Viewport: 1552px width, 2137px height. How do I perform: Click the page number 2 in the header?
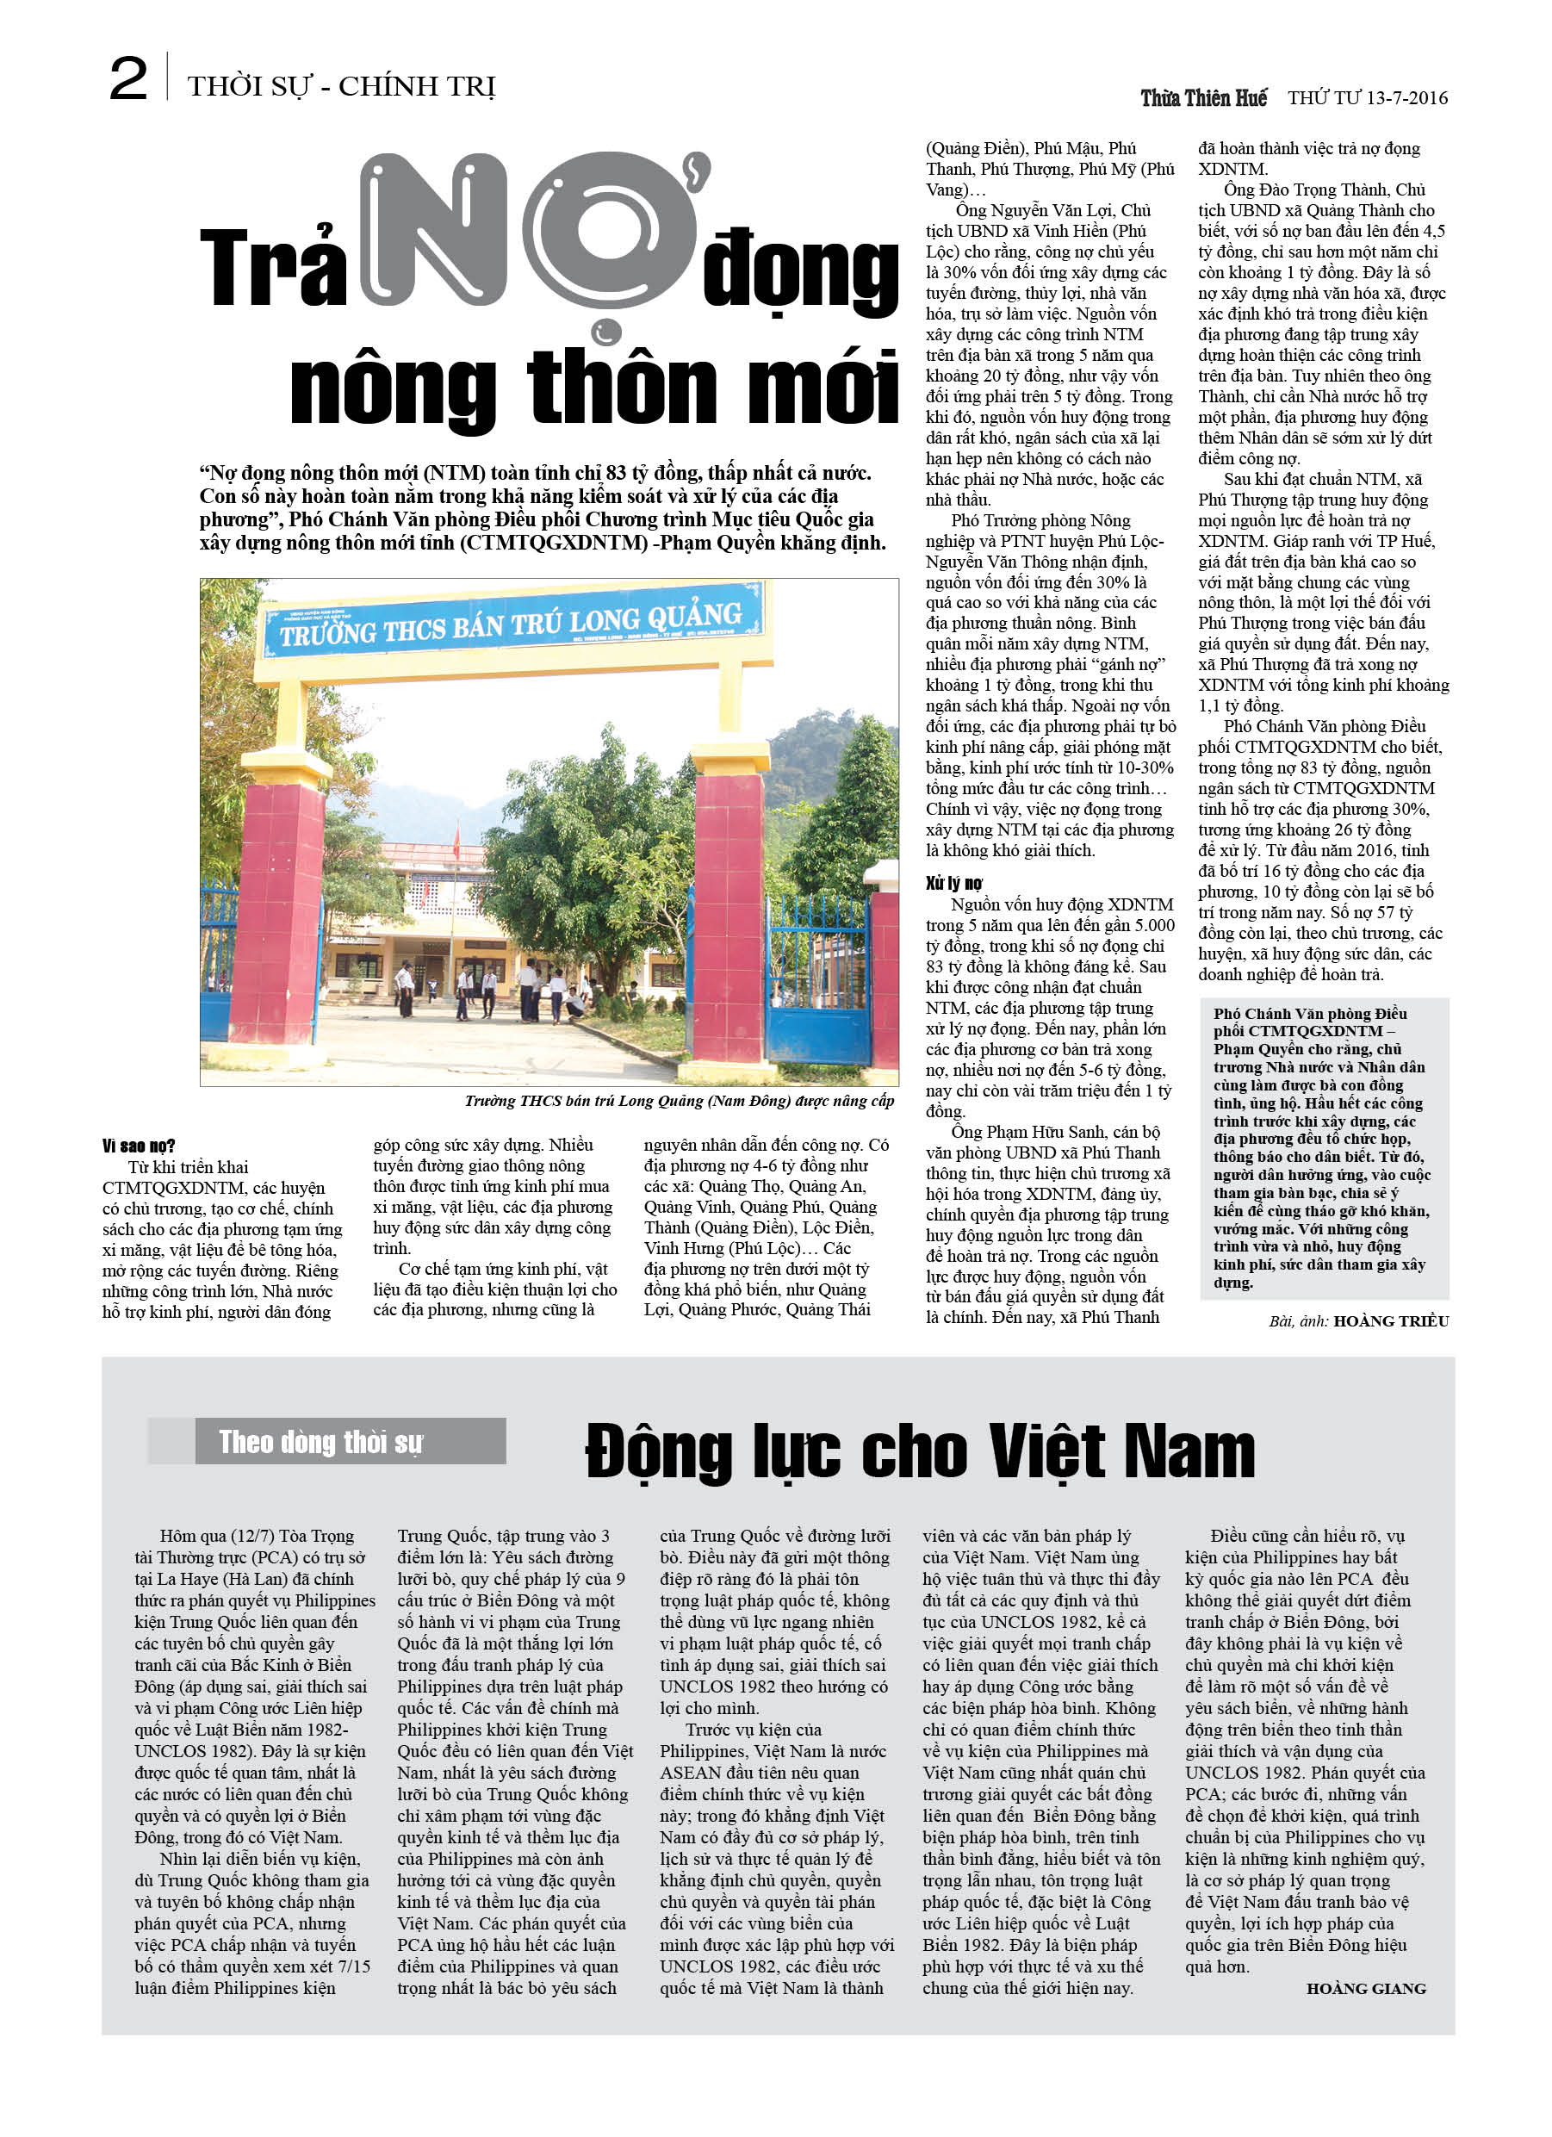(x=128, y=79)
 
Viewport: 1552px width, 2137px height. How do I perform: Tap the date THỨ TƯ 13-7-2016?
(x=1368, y=98)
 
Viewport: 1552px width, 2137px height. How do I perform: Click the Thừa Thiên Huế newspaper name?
(x=1203, y=98)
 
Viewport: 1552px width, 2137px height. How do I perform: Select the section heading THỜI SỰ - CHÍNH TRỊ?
(x=341, y=87)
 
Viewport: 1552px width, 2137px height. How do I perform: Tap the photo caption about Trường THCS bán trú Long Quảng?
(x=679, y=1101)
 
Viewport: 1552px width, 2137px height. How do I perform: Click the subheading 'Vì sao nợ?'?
(x=139, y=1146)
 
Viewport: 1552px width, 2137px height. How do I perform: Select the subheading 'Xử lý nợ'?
(x=953, y=883)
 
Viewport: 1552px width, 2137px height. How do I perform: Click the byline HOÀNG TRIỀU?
(x=1391, y=1321)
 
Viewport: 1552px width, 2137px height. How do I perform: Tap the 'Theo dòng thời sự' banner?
(x=326, y=1442)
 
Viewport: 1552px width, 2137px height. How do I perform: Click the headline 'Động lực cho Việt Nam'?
(x=920, y=1451)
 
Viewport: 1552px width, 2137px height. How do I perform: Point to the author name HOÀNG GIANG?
(x=1365, y=1988)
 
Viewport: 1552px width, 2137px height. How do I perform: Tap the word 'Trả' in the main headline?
(x=273, y=269)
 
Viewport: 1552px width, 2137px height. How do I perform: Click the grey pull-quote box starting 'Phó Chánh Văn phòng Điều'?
(x=1324, y=1147)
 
